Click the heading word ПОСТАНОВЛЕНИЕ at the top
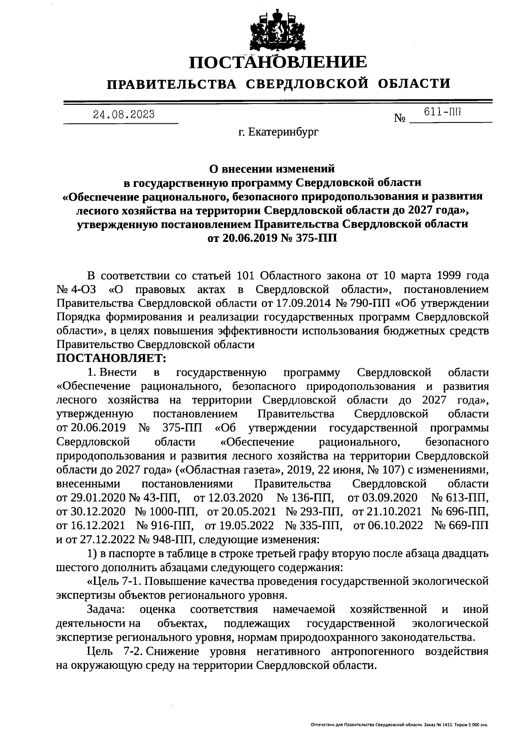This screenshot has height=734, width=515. tap(279, 62)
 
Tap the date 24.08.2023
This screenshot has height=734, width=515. tap(124, 114)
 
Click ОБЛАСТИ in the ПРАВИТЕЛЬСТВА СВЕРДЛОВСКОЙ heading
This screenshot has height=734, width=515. tap(414, 83)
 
